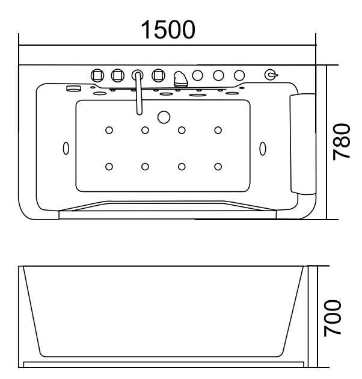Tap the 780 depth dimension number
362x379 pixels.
343,141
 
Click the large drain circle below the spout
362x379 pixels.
163,116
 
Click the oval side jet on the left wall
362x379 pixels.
66,147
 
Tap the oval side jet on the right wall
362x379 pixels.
262,147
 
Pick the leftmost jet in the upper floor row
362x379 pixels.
109,129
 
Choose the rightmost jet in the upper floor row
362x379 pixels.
218,129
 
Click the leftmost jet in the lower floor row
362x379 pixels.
109,167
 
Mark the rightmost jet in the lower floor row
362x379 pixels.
218,167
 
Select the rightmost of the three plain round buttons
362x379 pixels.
239,75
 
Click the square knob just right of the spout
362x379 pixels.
158,75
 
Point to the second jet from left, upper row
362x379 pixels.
145,129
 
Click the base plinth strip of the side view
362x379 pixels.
162,363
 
